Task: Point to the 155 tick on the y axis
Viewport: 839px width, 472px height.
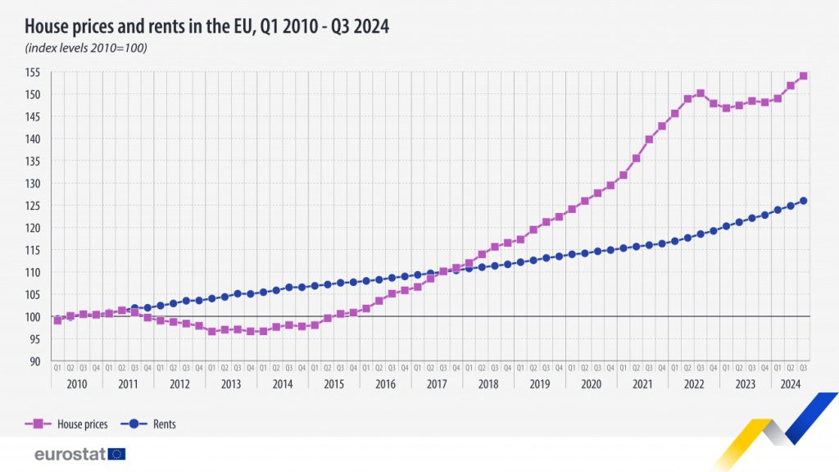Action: [36, 73]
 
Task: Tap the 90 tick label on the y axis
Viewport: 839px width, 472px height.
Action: [39, 361]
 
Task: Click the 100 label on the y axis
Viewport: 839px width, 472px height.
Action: [36, 316]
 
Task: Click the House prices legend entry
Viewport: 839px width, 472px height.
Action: [82, 424]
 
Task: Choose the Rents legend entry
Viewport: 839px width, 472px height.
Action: [164, 424]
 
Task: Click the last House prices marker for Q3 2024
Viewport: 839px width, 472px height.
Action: [803, 75]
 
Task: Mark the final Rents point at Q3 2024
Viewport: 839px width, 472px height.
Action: [803, 201]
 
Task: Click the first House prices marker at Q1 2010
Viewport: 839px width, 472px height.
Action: [57, 320]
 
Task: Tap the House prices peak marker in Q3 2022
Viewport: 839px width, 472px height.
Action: [701, 93]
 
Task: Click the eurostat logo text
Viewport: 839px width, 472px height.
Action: [70, 454]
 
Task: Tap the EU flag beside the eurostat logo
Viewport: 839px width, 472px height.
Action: [116, 454]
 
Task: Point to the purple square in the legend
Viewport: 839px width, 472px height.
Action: [36, 424]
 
